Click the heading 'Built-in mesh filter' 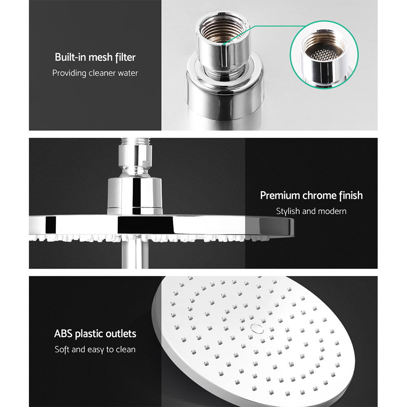coord(95,57)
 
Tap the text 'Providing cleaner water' coord(95,73)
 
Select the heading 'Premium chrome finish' coord(311,195)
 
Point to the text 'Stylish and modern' coord(311,211)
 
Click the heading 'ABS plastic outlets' coord(95,334)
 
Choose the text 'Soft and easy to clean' coord(95,350)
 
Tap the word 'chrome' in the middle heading coord(319,195)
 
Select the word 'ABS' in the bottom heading coord(63,334)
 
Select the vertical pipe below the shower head coord(134,254)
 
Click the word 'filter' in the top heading coord(125,57)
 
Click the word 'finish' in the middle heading coord(351,195)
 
